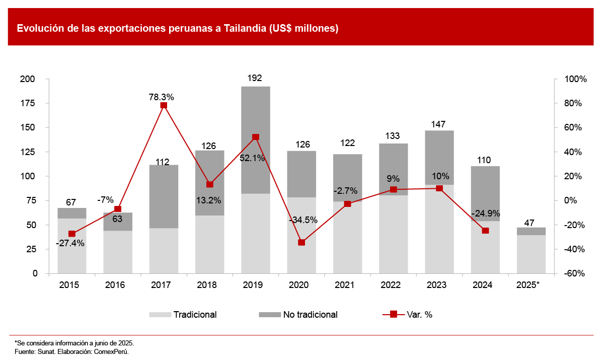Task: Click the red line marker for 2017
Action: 164,105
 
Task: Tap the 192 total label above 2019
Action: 255,78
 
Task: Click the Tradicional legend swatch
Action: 160,315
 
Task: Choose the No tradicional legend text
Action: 310,315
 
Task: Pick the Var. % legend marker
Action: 394,315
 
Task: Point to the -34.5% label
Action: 302,220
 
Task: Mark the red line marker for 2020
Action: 301,242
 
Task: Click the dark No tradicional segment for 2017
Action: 164,196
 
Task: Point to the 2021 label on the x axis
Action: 345,285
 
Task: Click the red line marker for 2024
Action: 485,231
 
